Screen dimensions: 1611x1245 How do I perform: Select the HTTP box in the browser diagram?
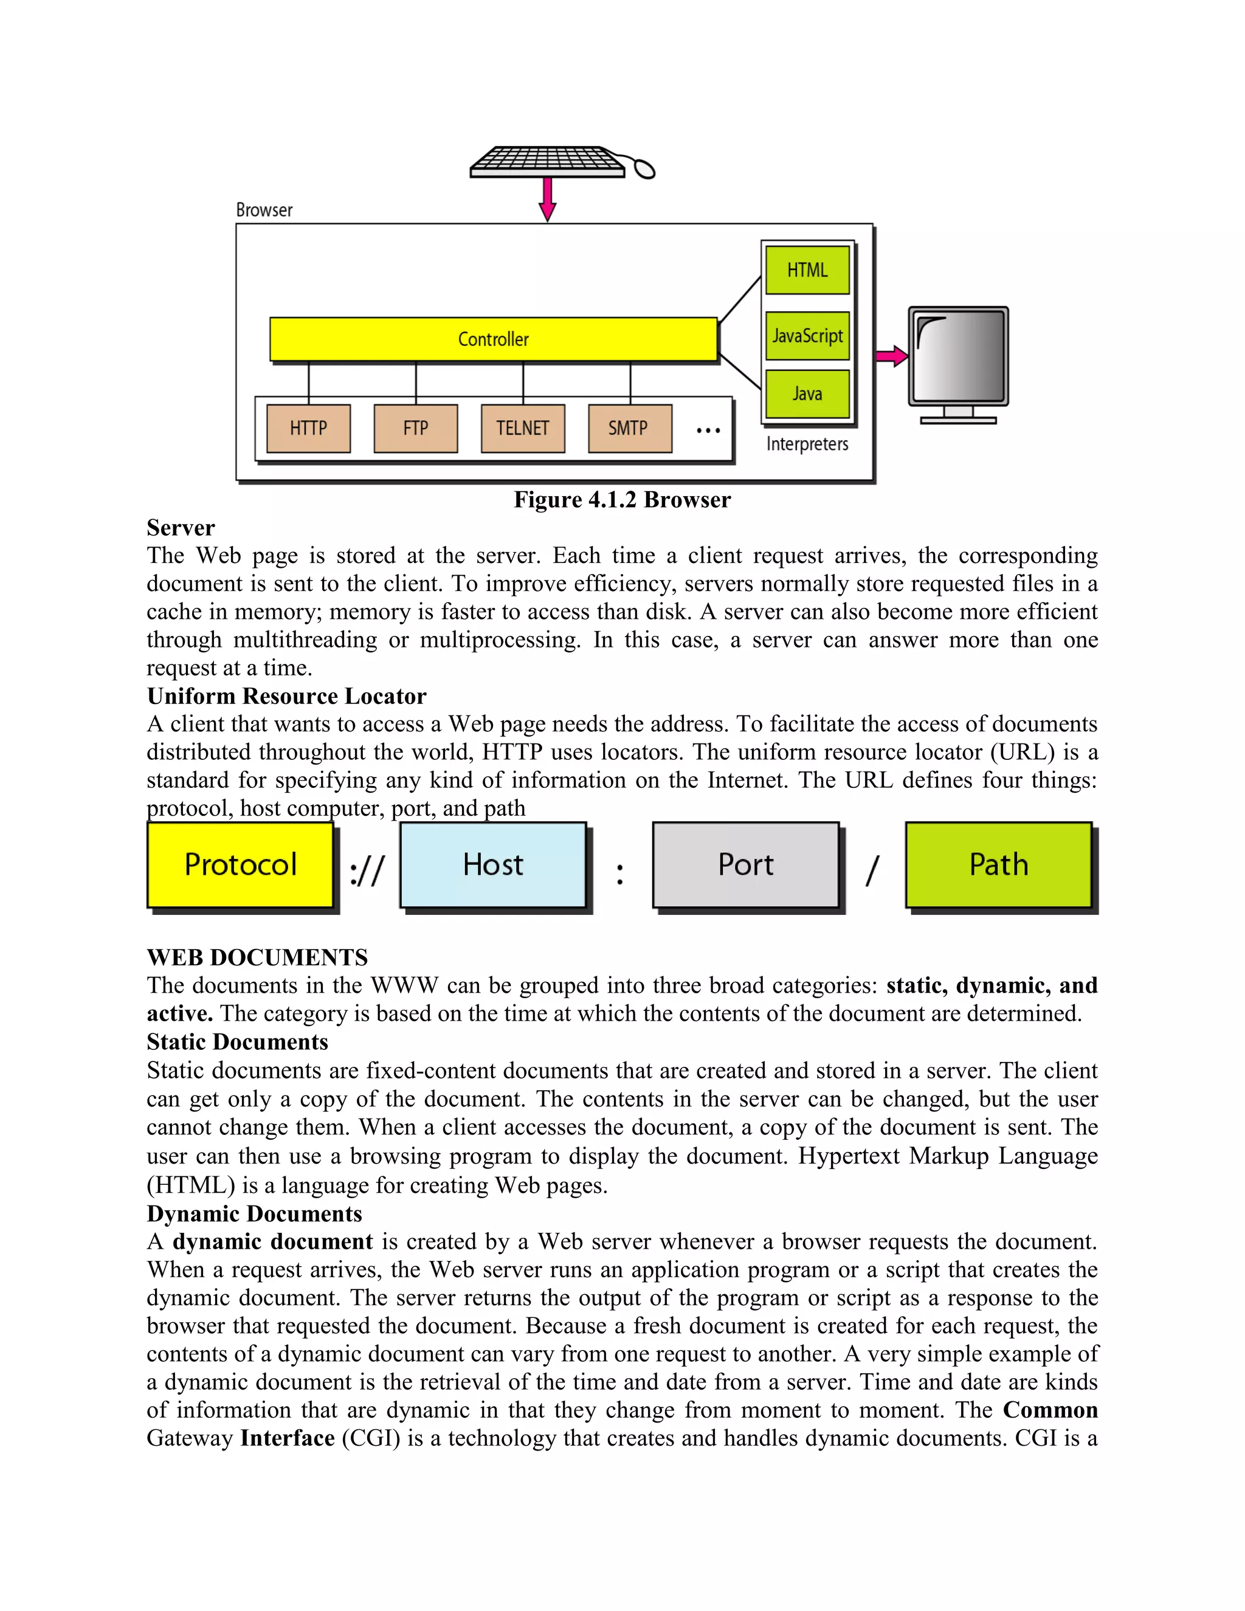[x=308, y=428]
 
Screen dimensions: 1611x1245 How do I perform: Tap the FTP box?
[x=415, y=428]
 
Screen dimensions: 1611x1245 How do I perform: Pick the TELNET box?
[x=522, y=428]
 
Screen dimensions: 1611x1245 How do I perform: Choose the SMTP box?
[x=629, y=428]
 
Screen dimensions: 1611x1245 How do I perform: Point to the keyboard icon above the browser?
[x=550, y=162]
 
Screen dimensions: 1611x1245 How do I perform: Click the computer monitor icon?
[x=958, y=362]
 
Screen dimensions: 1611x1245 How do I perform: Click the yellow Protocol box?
[x=241, y=864]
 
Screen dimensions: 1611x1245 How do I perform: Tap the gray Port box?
[x=746, y=864]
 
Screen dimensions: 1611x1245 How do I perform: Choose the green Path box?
[x=998, y=864]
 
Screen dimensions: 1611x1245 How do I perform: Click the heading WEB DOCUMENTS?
[x=257, y=957]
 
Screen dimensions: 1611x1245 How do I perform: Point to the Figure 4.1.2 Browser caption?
[x=622, y=500]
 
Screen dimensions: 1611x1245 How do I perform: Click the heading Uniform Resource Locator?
[x=286, y=696]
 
